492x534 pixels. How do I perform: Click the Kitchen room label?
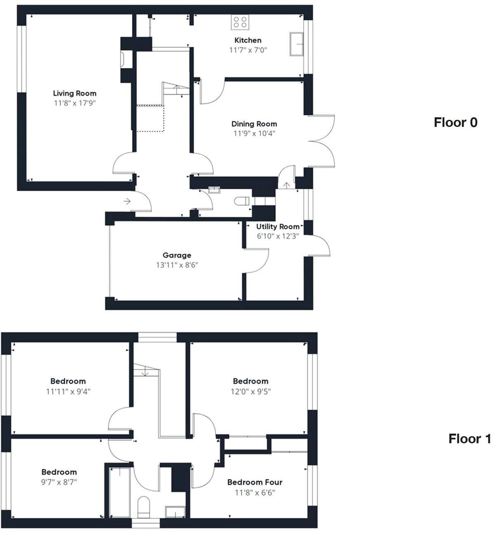247,40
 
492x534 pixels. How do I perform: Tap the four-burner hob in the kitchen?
240,22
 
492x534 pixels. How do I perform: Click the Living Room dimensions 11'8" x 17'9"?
75,103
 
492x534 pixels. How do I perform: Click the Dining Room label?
254,124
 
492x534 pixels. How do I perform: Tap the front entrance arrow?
127,201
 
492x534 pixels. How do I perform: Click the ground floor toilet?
242,201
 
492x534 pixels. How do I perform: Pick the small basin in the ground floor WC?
214,190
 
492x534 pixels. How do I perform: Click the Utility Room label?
278,227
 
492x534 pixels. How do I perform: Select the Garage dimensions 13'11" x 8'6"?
177,265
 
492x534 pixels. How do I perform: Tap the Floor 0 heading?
455,122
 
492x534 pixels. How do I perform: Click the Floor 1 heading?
469,439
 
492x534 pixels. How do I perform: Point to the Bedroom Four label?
254,482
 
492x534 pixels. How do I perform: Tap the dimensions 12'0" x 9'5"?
250,391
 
